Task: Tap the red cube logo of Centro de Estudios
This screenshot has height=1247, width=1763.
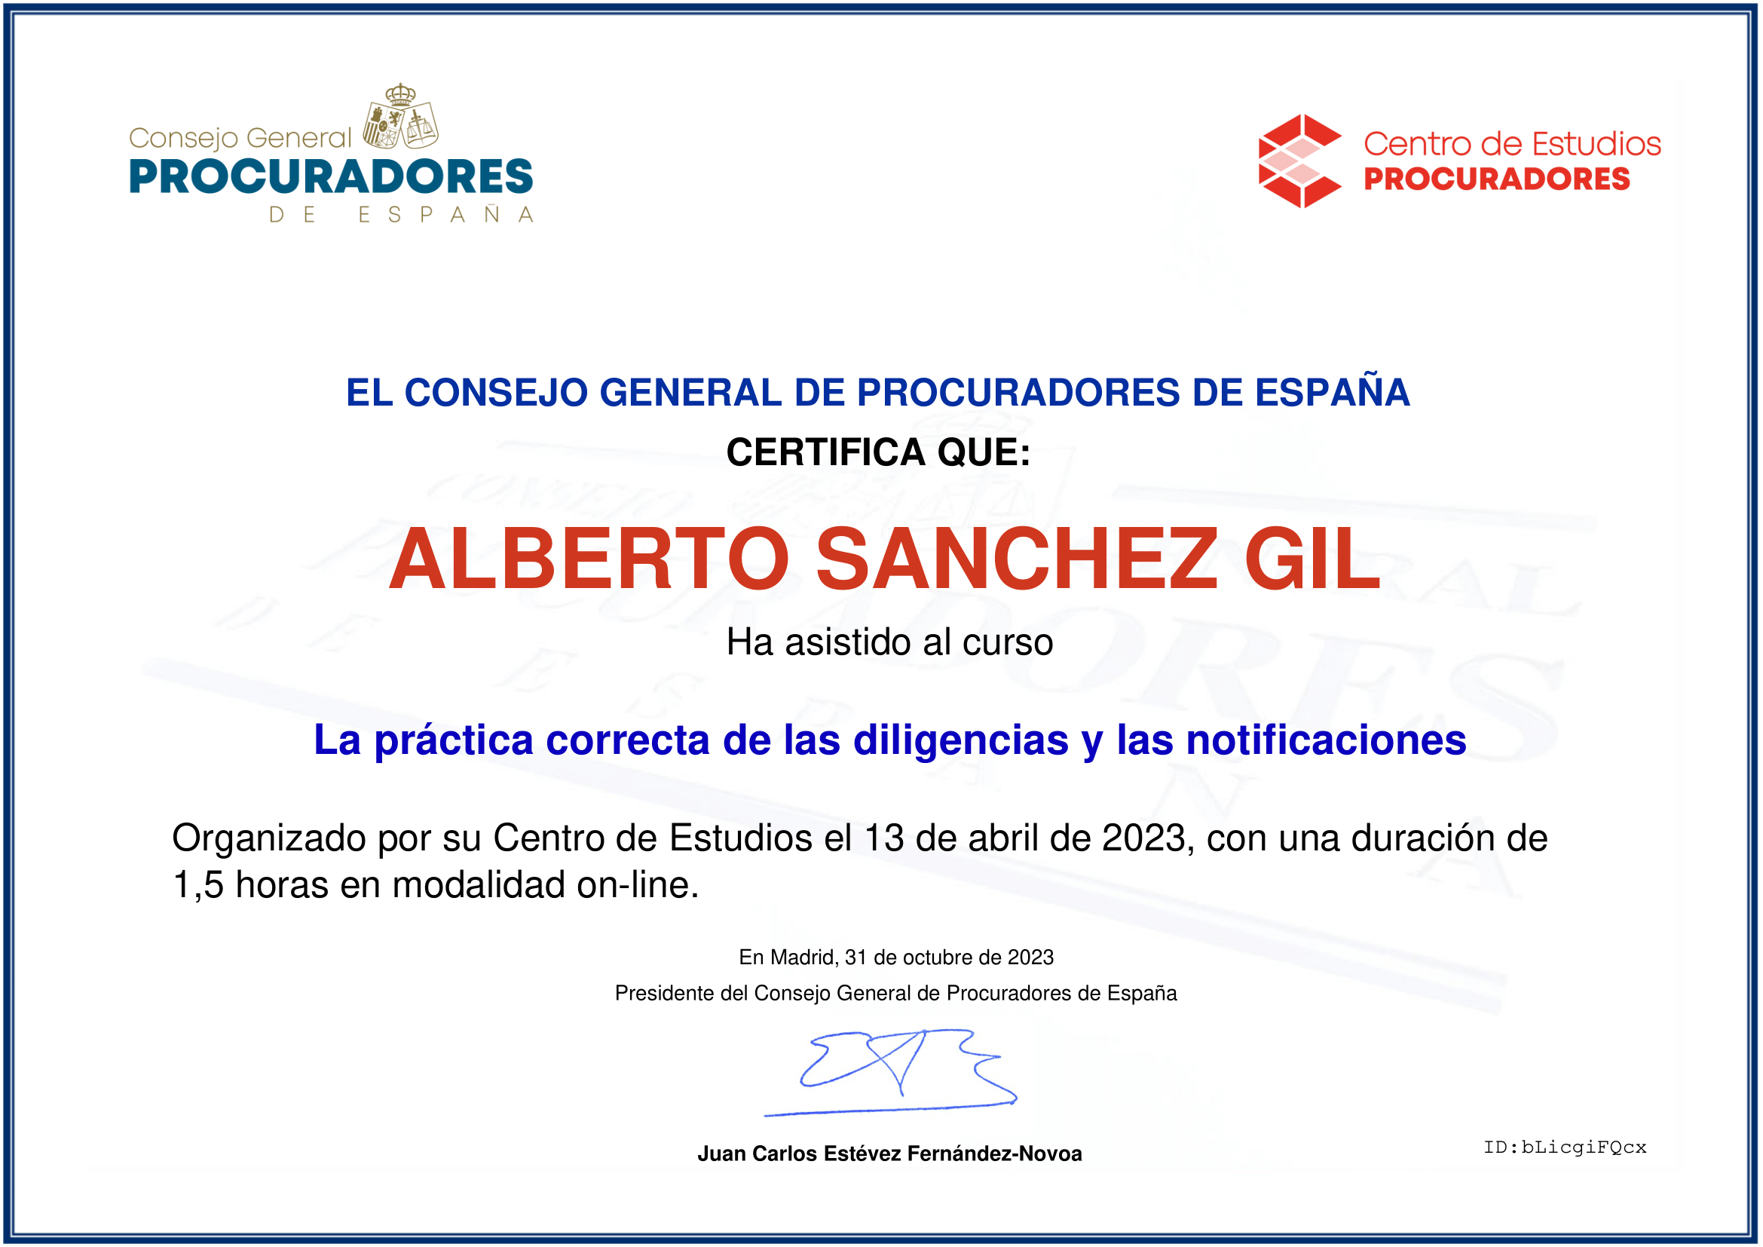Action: pyautogui.click(x=1300, y=161)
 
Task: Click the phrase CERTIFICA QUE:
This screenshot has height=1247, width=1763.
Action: pyautogui.click(x=878, y=452)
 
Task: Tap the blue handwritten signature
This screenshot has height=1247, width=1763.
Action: pyautogui.click(x=891, y=1072)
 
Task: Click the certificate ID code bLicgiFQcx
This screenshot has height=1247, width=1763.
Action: pyautogui.click(x=1584, y=1147)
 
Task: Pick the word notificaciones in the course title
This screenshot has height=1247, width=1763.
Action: pyautogui.click(x=1327, y=741)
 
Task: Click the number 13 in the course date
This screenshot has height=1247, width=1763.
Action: pyautogui.click(x=884, y=838)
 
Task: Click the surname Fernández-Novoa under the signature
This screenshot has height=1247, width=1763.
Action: pyautogui.click(x=994, y=1154)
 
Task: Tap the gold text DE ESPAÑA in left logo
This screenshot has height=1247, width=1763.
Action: pyautogui.click(x=401, y=214)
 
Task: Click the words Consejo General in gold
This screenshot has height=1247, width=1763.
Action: pyautogui.click(x=240, y=139)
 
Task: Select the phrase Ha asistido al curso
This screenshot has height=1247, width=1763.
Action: pyautogui.click(x=890, y=642)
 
